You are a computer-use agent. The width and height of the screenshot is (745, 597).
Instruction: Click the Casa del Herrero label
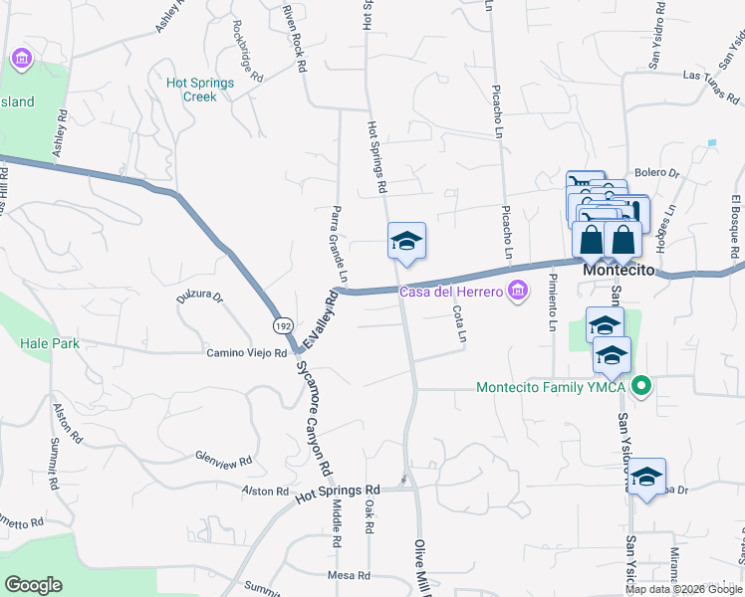(x=453, y=292)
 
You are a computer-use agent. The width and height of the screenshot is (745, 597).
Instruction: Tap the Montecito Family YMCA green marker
(x=642, y=387)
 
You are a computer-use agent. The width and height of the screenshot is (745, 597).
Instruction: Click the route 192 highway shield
(x=282, y=324)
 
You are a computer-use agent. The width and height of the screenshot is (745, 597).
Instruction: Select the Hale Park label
(x=50, y=343)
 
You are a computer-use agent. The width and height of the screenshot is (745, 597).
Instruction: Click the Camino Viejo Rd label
(x=246, y=353)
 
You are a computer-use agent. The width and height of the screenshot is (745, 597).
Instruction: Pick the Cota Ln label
(x=459, y=323)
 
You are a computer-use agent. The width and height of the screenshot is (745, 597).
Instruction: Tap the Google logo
(x=33, y=584)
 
